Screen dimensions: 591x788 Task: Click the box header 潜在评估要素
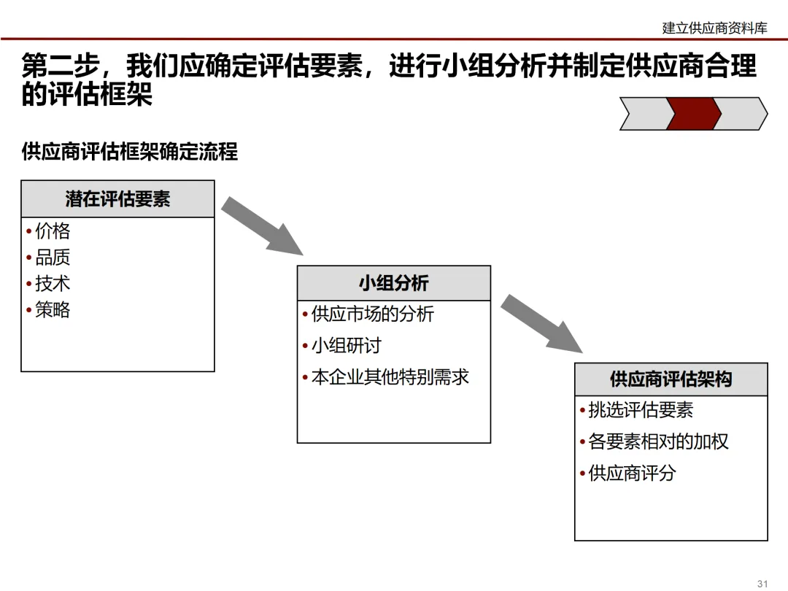117,199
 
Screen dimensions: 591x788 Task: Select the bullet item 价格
53,231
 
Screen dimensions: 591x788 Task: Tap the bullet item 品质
53,258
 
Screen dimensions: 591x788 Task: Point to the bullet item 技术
53,284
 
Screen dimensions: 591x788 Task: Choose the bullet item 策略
53,310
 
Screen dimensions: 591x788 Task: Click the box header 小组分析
393,284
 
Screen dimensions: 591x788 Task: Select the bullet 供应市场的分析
372,314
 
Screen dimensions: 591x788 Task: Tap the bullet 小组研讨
346,346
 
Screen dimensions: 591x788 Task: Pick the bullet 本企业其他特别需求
390,377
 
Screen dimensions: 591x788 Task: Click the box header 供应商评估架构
671,379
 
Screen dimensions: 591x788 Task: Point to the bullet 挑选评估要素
640,411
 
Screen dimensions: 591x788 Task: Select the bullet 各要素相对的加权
658,442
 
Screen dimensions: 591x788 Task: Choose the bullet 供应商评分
632,474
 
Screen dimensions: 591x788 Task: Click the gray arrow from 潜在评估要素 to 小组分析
263,225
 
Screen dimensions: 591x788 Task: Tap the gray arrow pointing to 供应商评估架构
542,324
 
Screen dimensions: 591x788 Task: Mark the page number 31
763,583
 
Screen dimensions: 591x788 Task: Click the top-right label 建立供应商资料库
714,28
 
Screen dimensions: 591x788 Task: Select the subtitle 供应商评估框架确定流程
130,152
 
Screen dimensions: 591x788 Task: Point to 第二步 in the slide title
61,66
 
